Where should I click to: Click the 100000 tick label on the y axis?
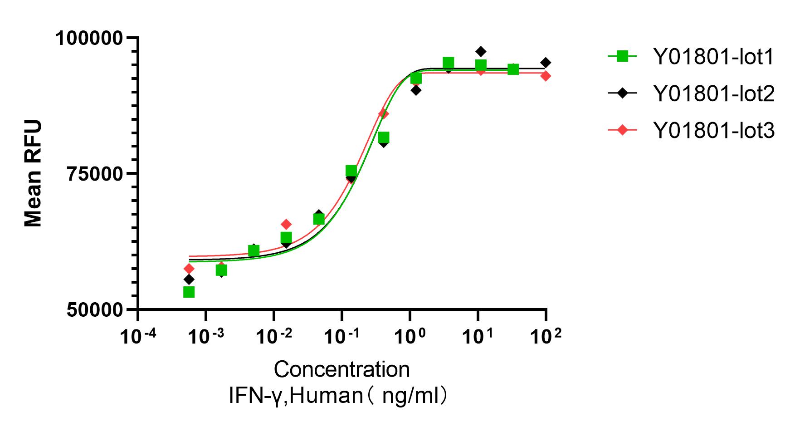click(x=89, y=38)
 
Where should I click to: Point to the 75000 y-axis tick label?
click(x=95, y=173)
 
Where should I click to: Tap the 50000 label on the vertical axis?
click(x=95, y=310)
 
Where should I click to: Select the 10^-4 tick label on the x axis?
click(x=137, y=336)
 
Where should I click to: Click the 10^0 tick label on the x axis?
click(x=410, y=336)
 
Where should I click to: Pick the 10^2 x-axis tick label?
click(x=546, y=336)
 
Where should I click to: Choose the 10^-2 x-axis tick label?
click(x=273, y=336)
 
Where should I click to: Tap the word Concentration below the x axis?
click(x=341, y=369)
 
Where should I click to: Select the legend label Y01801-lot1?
click(x=713, y=57)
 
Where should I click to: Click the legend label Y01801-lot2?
click(x=713, y=93)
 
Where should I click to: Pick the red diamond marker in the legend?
click(x=623, y=131)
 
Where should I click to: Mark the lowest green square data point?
click(x=189, y=292)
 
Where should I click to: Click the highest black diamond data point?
click(x=481, y=51)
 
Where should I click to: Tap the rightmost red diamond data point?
click(x=546, y=76)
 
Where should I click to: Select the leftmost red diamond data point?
click(x=189, y=269)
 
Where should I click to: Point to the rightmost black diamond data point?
click(x=546, y=62)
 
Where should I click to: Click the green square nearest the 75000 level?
click(x=351, y=171)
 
